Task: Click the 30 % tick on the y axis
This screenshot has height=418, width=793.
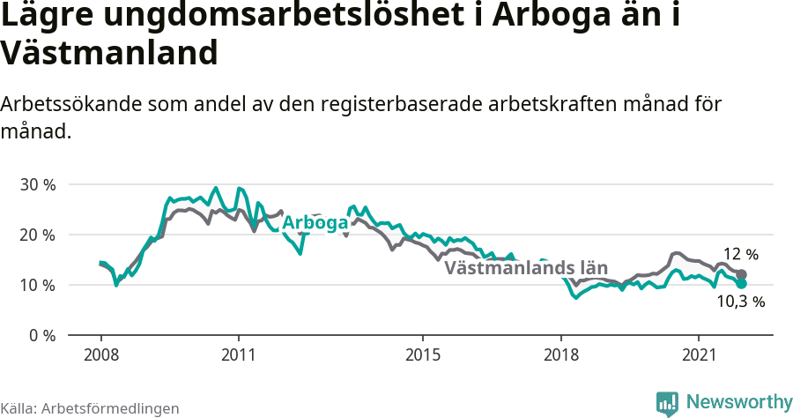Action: (38, 185)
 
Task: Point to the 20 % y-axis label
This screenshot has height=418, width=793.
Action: (38, 235)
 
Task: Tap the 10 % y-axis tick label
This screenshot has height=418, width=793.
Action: (38, 286)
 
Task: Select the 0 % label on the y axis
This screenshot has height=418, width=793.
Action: (41, 336)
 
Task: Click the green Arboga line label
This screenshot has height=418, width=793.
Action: (315, 223)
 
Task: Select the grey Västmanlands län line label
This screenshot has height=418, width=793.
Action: (526, 268)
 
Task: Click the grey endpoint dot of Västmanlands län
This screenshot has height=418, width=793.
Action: (741, 275)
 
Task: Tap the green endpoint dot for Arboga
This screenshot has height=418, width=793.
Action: (741, 284)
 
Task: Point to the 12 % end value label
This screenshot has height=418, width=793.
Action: (740, 255)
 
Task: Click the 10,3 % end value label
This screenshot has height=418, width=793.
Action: (740, 302)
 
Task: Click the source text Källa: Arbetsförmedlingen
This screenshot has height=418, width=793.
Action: (90, 408)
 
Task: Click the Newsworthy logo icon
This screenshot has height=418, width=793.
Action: (667, 403)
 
